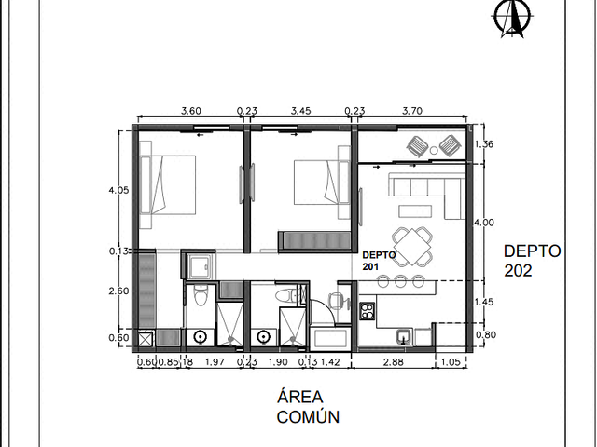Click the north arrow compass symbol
[512, 17]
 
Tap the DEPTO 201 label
[379, 261]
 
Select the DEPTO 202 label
[532, 261]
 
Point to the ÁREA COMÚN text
[308, 406]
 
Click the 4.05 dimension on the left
[118, 190]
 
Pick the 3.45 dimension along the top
[300, 111]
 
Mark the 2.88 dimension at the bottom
[393, 362]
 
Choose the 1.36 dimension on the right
[484, 144]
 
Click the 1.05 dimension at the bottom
[451, 362]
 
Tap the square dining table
[412, 246]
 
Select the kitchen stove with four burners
[367, 311]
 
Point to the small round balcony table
[434, 151]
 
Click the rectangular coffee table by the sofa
[415, 211]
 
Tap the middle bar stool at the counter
[400, 281]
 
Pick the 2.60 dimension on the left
[118, 291]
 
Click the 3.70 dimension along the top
[412, 111]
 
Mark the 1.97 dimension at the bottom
[215, 362]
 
